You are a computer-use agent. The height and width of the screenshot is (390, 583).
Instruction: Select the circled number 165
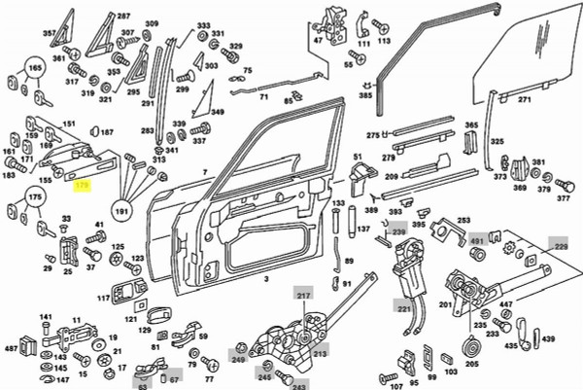[34, 70]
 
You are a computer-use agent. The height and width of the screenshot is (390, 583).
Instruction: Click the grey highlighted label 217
[301, 295]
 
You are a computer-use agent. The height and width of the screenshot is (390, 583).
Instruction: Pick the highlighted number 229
[561, 248]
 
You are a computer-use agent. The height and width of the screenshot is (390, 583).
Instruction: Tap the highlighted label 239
[399, 231]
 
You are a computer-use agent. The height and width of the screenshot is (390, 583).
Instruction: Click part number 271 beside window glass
[525, 99]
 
